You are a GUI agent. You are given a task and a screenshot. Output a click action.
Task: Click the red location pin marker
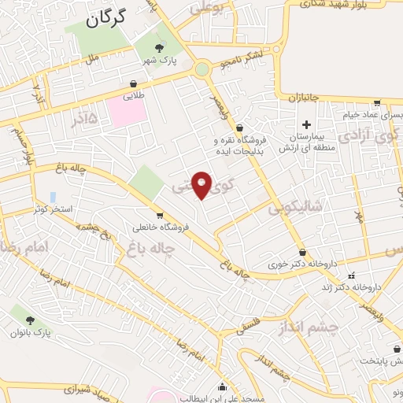(202, 185)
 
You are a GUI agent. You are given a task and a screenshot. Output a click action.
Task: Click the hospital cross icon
(307, 124)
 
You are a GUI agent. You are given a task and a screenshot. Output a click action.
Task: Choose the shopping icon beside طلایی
(134, 82)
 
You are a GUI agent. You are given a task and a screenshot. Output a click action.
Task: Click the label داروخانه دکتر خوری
(303, 265)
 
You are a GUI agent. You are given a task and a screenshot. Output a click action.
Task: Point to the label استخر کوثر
(51, 210)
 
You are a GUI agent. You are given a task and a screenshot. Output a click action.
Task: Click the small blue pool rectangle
(53, 196)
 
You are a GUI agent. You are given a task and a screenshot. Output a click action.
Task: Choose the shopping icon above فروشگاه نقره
(250, 128)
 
